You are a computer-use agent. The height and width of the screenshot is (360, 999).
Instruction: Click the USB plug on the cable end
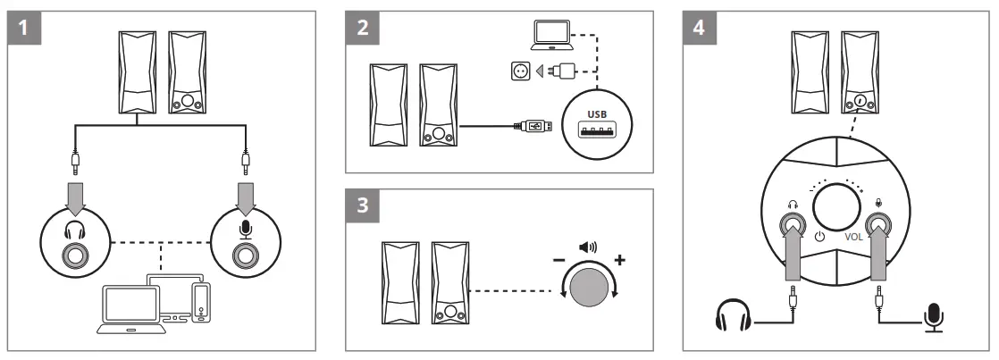[534, 126]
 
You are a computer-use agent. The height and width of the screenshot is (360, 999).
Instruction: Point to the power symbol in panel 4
[819, 238]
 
